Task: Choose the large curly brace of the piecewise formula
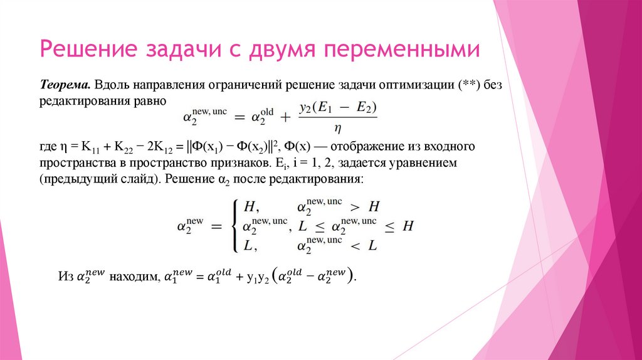(234, 225)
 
